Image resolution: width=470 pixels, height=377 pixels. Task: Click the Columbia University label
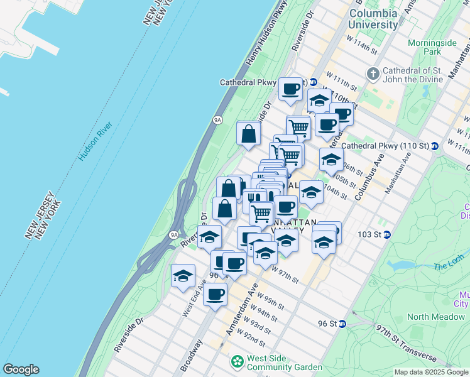click(373, 19)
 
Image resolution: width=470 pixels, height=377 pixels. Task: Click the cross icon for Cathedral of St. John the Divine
click(373, 74)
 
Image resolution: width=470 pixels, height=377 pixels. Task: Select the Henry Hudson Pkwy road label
click(263, 40)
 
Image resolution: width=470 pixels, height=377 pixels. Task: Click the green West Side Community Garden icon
click(237, 362)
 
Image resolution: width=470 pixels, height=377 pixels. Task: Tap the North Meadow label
click(435, 317)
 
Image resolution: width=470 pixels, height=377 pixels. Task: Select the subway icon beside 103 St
click(388, 234)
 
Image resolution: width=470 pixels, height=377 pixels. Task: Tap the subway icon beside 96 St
click(342, 324)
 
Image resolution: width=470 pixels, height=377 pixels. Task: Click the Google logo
click(21, 369)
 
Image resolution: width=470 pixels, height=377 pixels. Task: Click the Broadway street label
click(192, 356)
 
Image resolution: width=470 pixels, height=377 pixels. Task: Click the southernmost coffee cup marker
click(216, 294)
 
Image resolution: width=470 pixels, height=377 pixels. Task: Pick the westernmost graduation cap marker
click(183, 275)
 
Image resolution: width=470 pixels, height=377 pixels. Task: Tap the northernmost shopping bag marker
click(249, 133)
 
